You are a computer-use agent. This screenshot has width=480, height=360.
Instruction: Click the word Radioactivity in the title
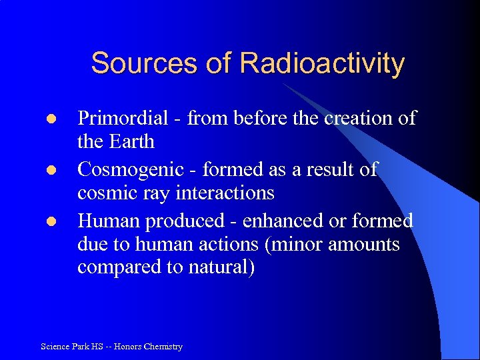[322, 63]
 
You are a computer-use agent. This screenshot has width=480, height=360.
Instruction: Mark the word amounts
[365, 245]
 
